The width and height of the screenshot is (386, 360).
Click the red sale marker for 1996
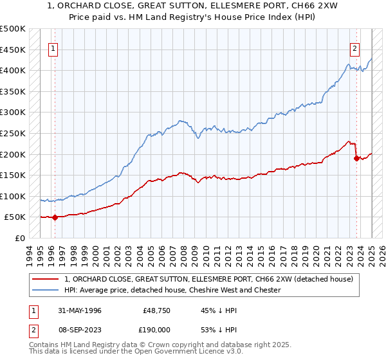tap(55, 217)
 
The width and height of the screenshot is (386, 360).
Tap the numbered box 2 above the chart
tap(354, 47)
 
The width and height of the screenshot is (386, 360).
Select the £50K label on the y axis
tap(15, 217)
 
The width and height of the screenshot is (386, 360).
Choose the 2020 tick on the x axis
tap(317, 255)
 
